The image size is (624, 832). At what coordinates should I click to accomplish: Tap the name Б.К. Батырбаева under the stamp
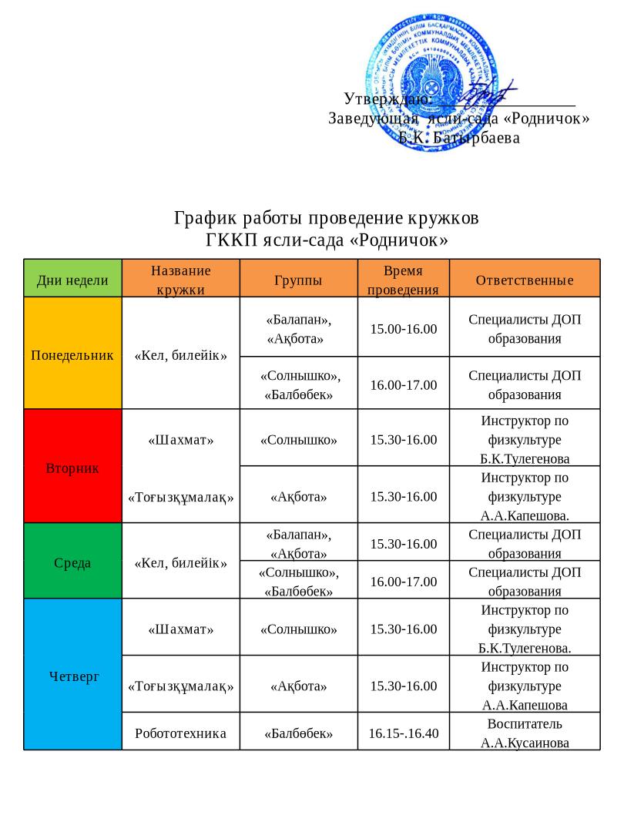(459, 138)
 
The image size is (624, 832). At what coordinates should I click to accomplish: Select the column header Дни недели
(73, 280)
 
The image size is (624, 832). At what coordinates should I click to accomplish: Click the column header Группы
(298, 280)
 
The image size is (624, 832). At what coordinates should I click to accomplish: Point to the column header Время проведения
(403, 280)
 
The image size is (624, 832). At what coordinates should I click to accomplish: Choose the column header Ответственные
(525, 280)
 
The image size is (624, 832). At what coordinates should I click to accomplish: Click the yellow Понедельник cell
(72, 355)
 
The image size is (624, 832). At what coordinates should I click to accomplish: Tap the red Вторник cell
(72, 468)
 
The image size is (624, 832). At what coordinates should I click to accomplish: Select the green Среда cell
(72, 562)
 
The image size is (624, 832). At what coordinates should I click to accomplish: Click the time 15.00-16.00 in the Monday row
(404, 329)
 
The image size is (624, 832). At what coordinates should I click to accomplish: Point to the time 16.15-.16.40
(404, 733)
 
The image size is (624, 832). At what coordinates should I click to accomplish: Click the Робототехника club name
(180, 733)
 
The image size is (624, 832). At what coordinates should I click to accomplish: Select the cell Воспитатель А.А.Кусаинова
(525, 733)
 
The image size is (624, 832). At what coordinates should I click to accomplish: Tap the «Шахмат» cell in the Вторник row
(180, 440)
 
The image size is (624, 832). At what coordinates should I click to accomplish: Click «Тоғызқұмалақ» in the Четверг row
(180, 685)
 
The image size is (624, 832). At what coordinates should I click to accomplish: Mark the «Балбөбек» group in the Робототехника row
(298, 733)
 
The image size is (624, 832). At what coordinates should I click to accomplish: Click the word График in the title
(202, 219)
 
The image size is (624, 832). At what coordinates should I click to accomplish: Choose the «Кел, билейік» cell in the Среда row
(180, 562)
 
